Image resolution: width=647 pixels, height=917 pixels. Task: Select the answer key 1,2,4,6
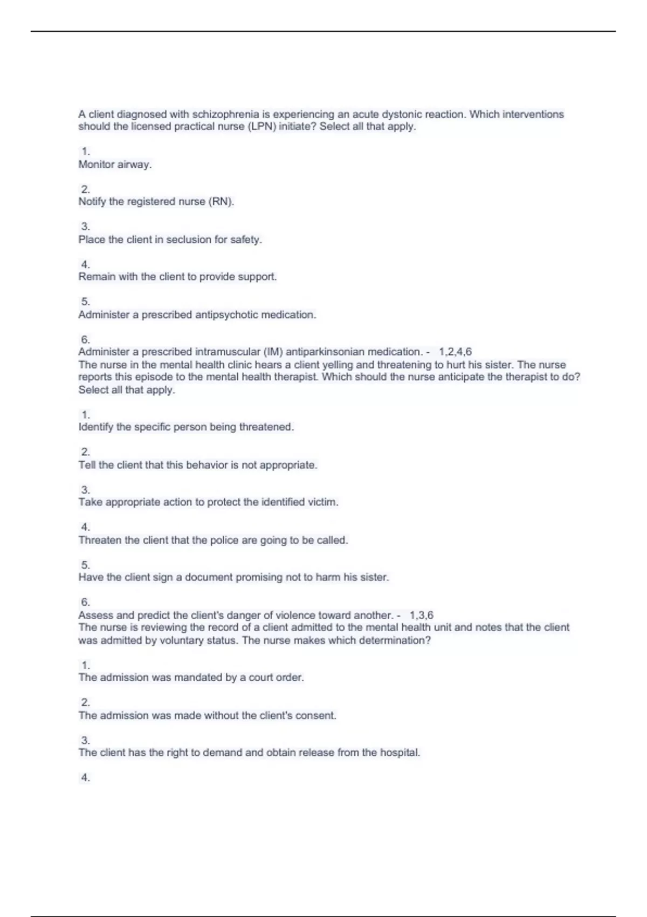pos(456,352)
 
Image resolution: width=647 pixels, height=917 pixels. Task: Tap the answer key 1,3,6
pos(422,615)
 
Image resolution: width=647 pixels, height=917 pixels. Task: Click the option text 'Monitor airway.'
pos(115,165)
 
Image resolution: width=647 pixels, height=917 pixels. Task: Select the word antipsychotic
pos(226,314)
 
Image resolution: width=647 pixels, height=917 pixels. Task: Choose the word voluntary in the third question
pos(182,640)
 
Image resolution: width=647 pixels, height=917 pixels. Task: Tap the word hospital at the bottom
pos(400,752)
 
